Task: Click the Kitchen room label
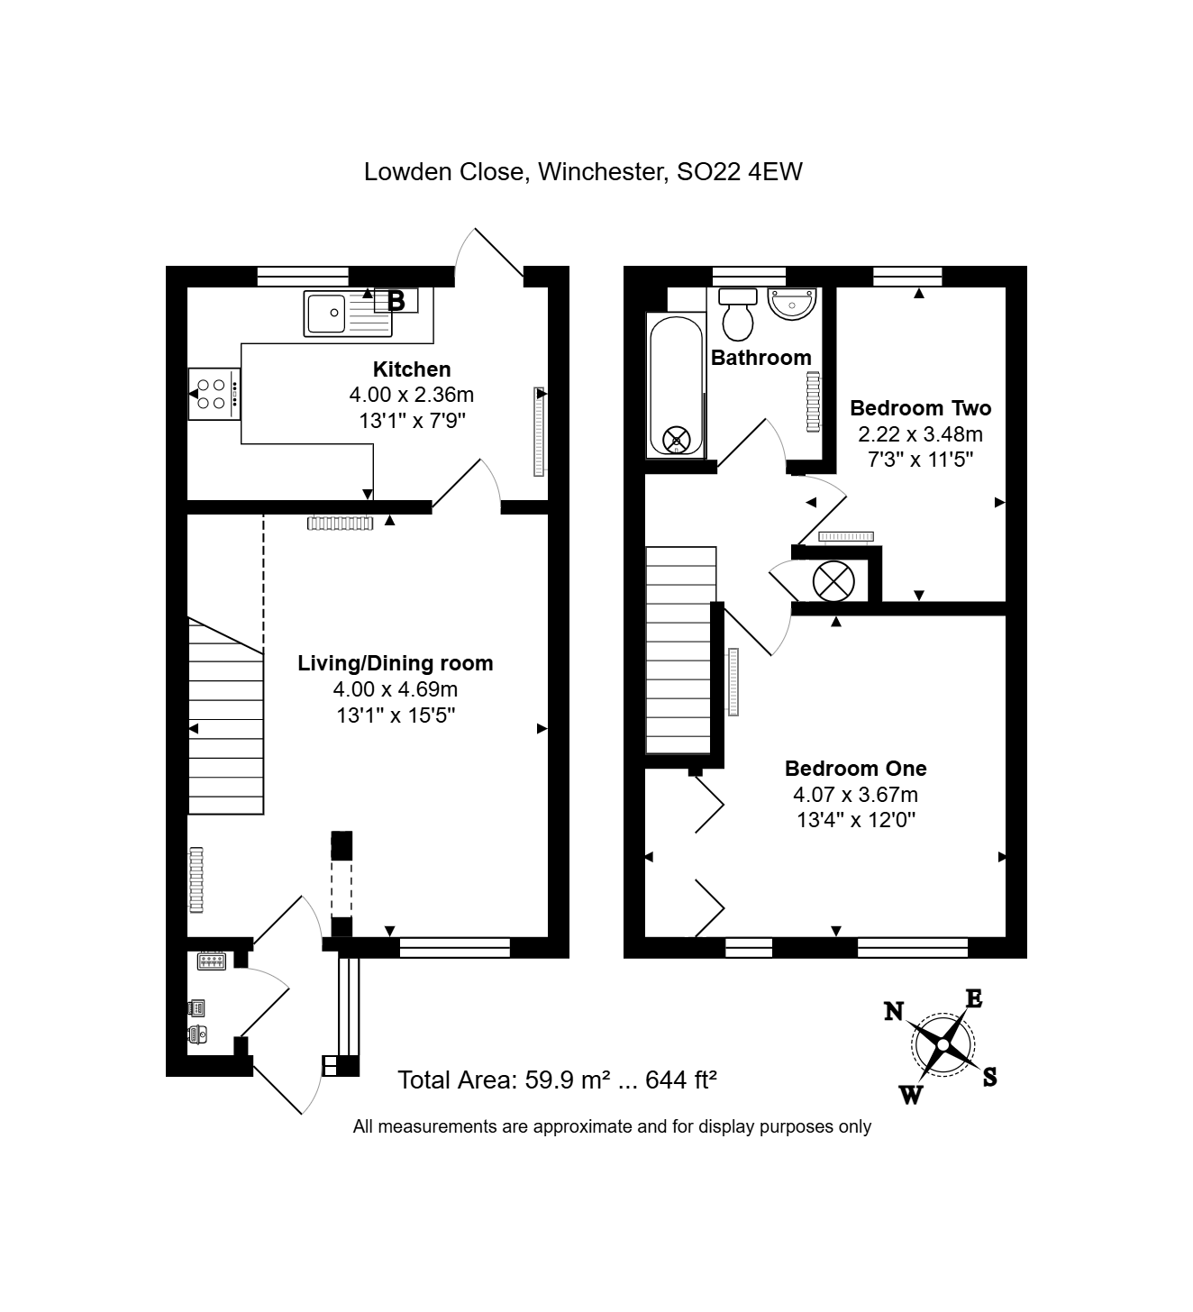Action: (412, 369)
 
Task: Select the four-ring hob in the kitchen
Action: (214, 394)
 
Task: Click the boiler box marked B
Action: (396, 301)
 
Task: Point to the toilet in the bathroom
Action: (738, 314)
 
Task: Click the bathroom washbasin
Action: (792, 304)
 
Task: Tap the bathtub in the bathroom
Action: (676, 386)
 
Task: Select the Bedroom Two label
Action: (920, 408)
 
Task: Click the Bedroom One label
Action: (855, 769)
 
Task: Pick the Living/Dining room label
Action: (395, 663)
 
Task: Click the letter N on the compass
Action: (894, 1012)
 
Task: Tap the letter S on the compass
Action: (989, 1077)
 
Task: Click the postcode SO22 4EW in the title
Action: (739, 172)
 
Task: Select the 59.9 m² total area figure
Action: (568, 1080)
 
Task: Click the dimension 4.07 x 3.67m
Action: (855, 795)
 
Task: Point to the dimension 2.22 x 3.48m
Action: (920, 434)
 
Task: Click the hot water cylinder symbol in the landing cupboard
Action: (833, 581)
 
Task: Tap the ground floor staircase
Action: (225, 716)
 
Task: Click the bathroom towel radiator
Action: (813, 402)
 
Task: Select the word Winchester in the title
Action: (604, 172)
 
